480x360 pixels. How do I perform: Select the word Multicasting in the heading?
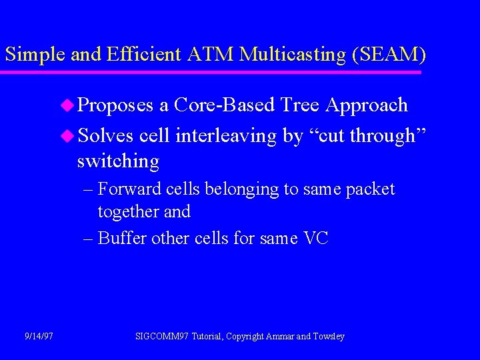pos(288,55)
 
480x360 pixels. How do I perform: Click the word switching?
pos(118,161)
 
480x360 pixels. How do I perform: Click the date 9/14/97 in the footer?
pos(39,337)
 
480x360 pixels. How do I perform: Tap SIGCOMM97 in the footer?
pos(162,337)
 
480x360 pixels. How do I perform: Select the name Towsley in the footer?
pos(329,337)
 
